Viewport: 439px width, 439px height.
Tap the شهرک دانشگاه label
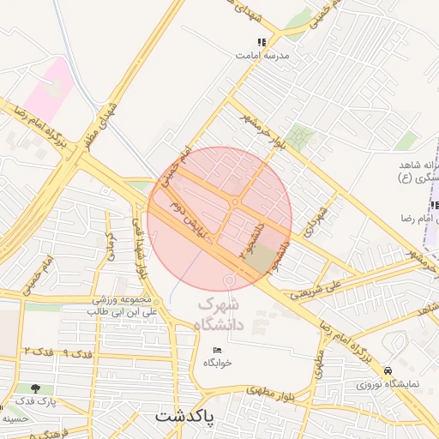(220, 315)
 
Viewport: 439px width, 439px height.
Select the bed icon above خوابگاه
(217, 350)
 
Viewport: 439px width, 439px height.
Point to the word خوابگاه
(218, 363)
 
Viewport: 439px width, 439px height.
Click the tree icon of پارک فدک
(35, 388)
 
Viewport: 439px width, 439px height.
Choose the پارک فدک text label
(35, 401)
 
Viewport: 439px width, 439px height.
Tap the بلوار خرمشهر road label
(257, 129)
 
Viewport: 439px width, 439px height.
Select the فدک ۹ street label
(75, 353)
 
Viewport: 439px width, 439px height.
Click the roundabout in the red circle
(235, 202)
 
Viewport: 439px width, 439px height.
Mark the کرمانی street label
(109, 246)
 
